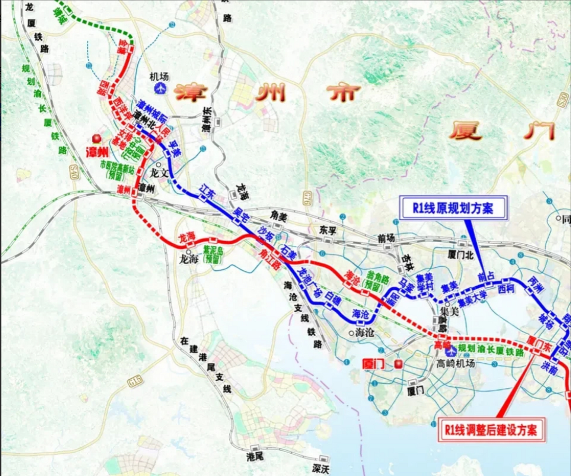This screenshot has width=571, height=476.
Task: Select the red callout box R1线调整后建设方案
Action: tap(491, 430)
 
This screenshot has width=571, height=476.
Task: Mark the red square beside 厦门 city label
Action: tap(398, 364)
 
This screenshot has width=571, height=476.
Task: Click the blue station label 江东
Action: tap(207, 191)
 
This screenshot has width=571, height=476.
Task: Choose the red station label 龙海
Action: tap(186, 237)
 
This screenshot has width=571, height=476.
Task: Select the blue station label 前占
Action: tap(486, 277)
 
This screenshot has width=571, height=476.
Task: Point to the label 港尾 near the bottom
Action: tap(255, 456)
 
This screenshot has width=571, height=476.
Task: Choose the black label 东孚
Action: tap(328, 231)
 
